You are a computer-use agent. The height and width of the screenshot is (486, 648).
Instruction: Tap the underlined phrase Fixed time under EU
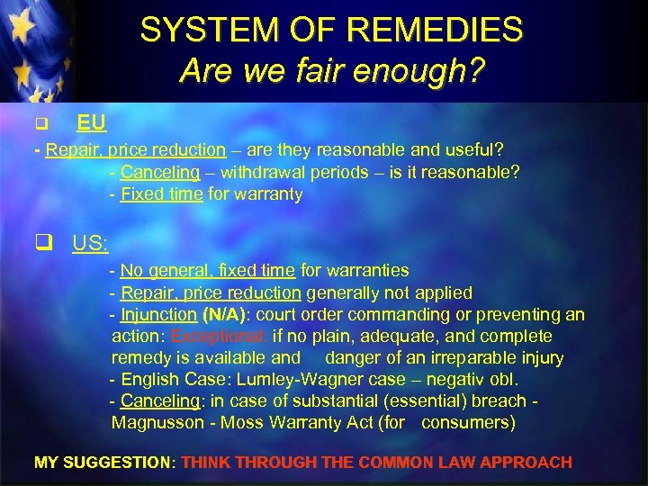pos(162,193)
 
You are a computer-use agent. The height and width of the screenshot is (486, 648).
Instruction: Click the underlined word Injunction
pos(158,315)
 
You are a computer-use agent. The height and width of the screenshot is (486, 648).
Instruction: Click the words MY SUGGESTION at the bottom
pos(103,463)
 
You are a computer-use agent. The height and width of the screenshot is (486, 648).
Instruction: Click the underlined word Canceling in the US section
pos(159,401)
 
